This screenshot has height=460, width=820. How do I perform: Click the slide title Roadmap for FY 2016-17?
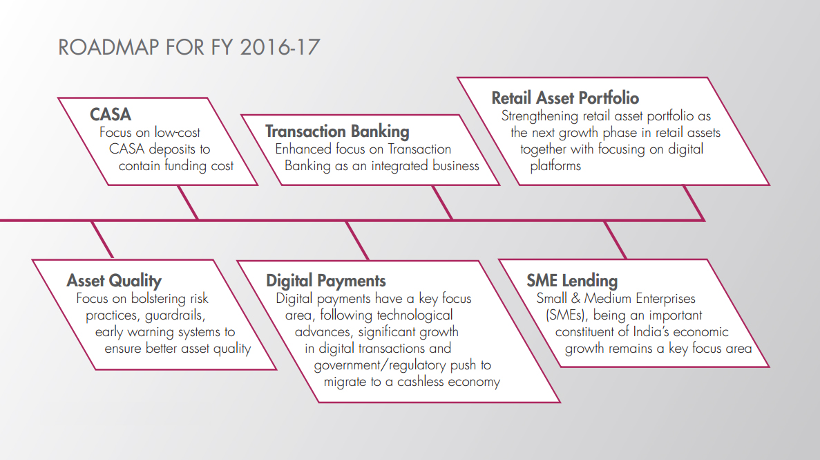coord(189,47)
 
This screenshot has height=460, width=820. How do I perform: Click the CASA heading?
coord(111,114)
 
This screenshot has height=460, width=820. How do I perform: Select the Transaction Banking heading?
coord(337,131)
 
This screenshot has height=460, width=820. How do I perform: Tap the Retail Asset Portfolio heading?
coord(565,98)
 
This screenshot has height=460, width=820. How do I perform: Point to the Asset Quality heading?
coord(114,281)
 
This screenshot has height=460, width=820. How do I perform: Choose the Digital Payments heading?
coord(326,281)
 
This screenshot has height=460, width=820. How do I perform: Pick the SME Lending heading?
coord(572,281)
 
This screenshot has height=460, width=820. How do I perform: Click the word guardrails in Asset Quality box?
coord(175,315)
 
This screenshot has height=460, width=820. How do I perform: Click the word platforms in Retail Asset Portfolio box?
coord(555,166)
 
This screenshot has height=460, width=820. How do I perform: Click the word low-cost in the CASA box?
coord(178,133)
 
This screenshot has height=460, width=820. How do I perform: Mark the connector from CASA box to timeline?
coord(188,203)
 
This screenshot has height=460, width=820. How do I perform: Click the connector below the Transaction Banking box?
coord(442,203)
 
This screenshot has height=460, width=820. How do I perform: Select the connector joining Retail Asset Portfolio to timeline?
coord(694,203)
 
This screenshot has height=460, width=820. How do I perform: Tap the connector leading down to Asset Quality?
coord(102,240)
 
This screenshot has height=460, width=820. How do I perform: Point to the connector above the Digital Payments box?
coord(358,240)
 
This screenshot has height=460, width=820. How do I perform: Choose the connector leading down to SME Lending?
coord(615,240)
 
